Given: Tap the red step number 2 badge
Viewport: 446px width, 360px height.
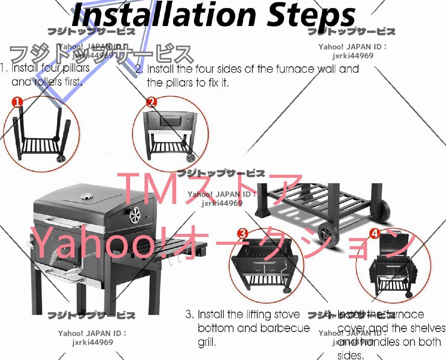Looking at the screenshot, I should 151,102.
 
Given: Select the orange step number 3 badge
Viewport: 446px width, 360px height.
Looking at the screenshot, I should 242,234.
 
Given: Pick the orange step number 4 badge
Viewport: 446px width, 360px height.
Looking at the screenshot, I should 374,234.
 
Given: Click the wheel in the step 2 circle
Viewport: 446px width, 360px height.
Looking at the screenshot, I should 190,157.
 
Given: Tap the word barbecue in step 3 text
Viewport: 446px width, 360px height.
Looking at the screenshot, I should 286,328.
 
